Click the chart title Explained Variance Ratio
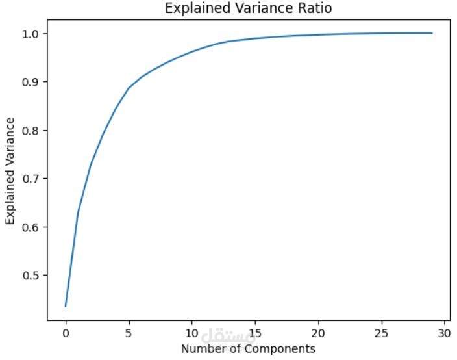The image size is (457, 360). click(x=249, y=9)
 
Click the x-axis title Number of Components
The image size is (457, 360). click(x=248, y=349)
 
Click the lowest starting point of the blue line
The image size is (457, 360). click(x=66, y=306)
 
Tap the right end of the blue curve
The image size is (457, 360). click(x=432, y=33)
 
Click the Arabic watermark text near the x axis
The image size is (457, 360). click(x=228, y=337)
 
